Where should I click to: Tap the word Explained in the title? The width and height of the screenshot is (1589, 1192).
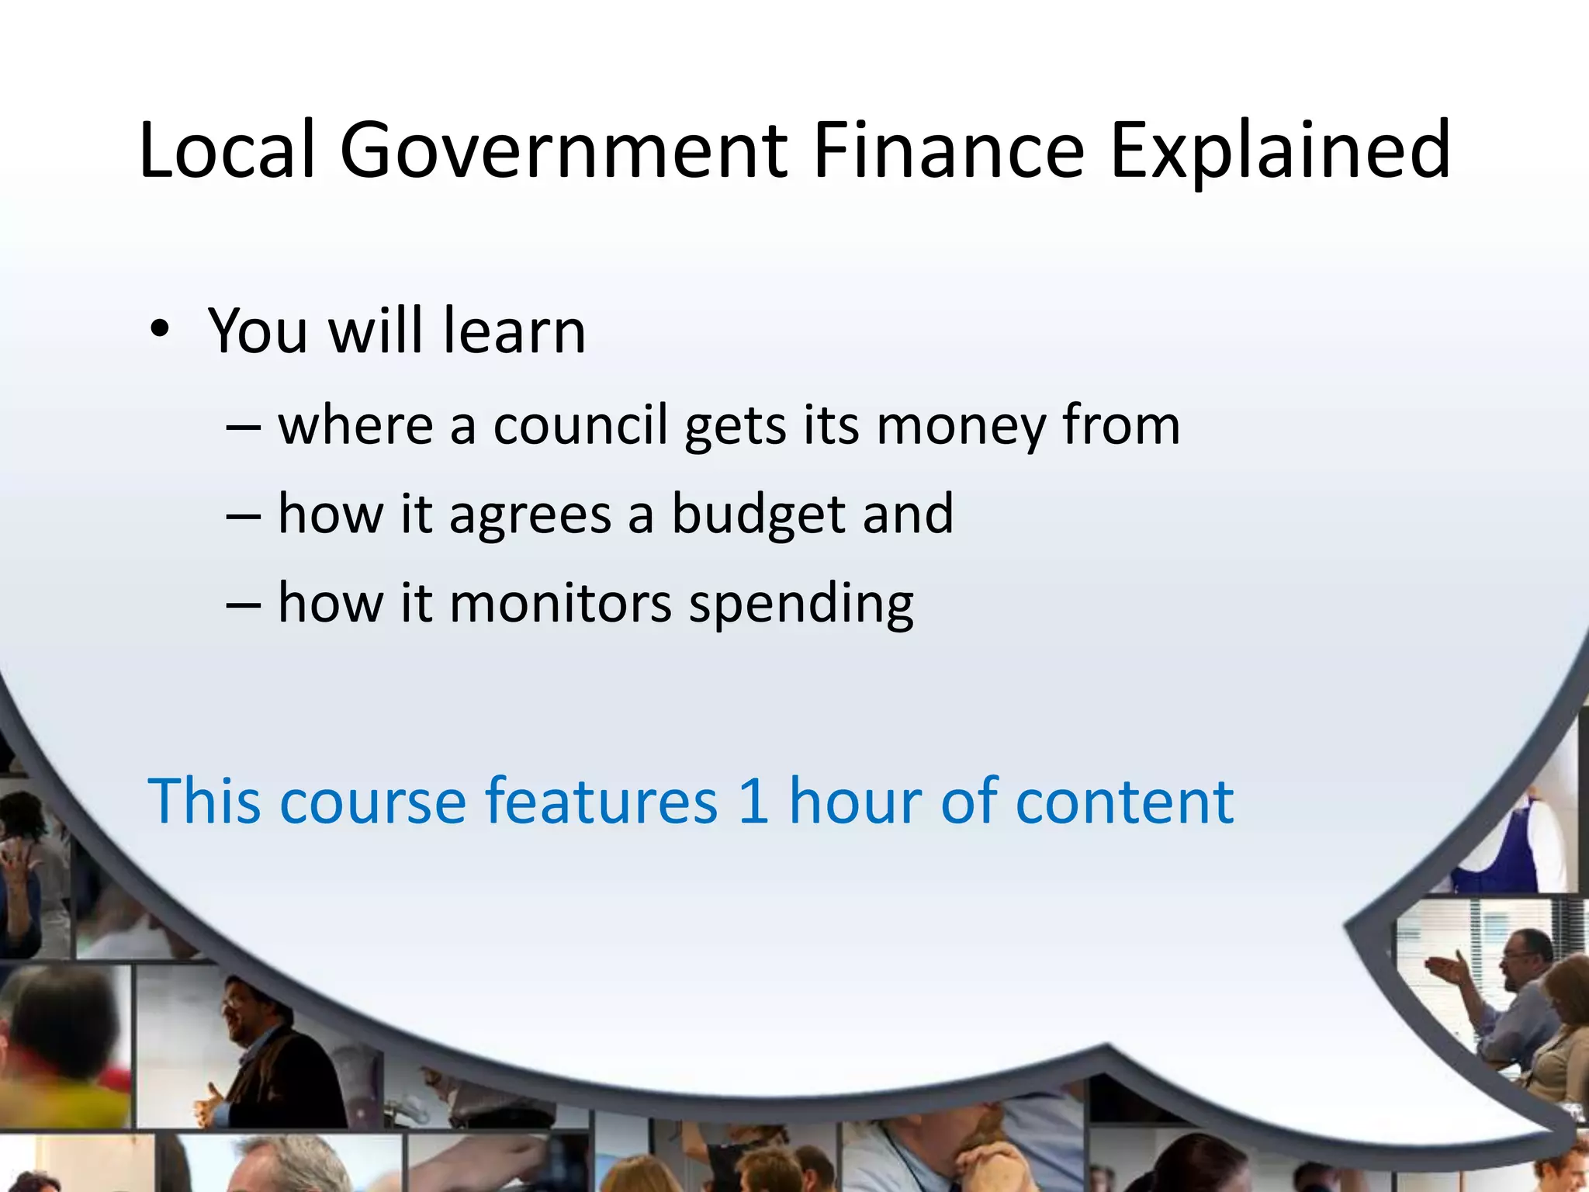1280,151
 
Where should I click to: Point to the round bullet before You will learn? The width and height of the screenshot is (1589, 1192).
160,329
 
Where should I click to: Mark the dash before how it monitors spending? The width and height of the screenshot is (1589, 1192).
243,605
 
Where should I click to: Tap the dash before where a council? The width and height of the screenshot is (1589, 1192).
243,428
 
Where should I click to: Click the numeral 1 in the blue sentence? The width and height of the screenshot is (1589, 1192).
753,801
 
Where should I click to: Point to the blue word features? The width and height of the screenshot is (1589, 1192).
601,801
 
